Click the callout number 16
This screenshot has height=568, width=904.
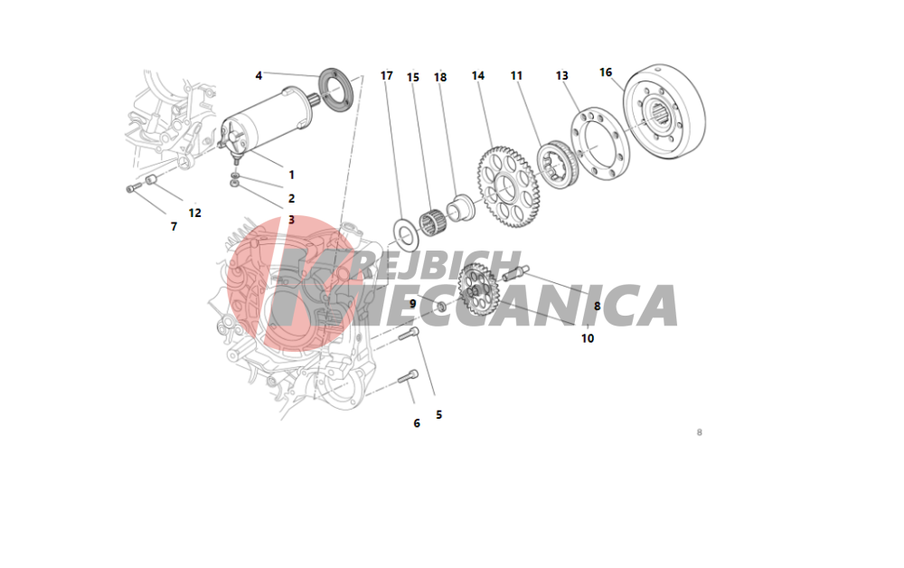(606, 72)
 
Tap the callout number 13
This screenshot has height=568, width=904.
(561, 76)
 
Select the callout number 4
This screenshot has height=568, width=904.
(259, 76)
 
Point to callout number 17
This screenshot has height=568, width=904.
(386, 76)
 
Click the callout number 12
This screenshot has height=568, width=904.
(195, 213)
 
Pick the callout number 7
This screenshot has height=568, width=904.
(174, 227)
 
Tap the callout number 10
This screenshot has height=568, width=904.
(588, 338)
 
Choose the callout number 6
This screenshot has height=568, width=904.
(417, 423)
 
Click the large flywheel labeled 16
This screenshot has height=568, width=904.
(664, 112)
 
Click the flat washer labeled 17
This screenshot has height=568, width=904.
(407, 234)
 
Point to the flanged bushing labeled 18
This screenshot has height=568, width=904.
(460, 208)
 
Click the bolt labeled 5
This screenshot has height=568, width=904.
(409, 334)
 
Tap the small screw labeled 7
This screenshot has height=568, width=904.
(134, 187)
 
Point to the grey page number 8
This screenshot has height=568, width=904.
(700, 432)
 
